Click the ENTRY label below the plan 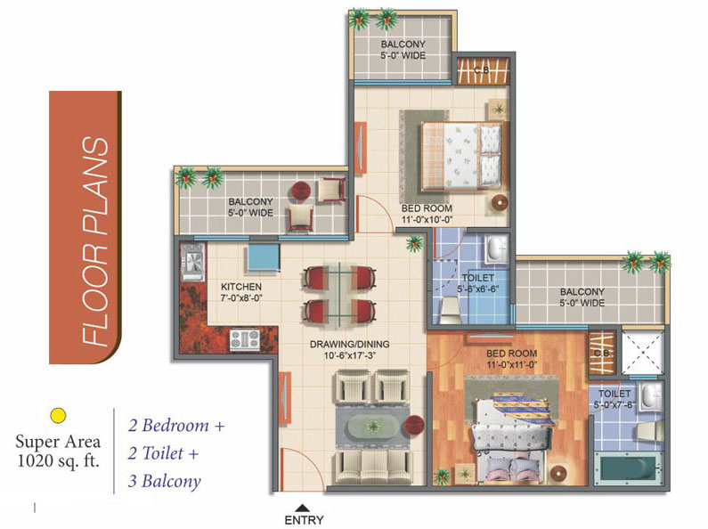pyautogui.click(x=304, y=520)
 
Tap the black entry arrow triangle pyautogui.click(x=304, y=508)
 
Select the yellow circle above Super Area pyautogui.click(x=58, y=415)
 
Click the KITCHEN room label pyautogui.click(x=241, y=287)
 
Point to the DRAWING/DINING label pyautogui.click(x=349, y=344)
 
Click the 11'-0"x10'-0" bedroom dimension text pyautogui.click(x=427, y=220)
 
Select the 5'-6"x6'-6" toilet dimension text pyautogui.click(x=477, y=289)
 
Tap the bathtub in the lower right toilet pyautogui.click(x=628, y=469)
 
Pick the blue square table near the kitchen pyautogui.click(x=264, y=257)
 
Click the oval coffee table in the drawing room pyautogui.click(x=373, y=426)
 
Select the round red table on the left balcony pyautogui.click(x=300, y=190)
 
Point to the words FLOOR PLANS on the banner pyautogui.click(x=96, y=241)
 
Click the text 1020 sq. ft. pyautogui.click(x=58, y=461)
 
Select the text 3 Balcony pyautogui.click(x=165, y=481)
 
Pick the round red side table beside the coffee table pyautogui.click(x=413, y=426)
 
